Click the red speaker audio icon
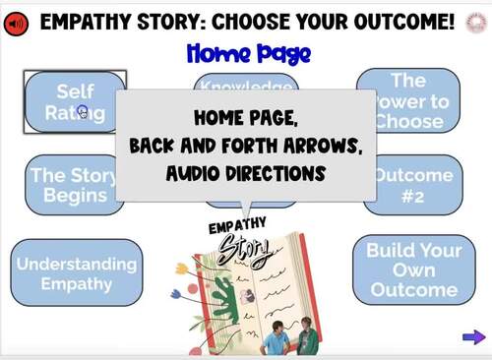[17, 23]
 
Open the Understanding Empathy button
[75, 273]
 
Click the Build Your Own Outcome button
[413, 270]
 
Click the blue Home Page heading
[246, 53]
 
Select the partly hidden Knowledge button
[246, 83]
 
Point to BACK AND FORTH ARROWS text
[246, 147]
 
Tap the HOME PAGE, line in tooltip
[246, 118]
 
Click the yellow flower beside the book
[183, 268]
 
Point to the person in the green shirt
[307, 338]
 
